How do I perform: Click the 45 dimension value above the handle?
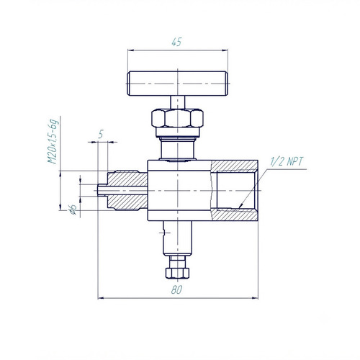point(176,42)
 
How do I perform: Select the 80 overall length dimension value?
point(176,290)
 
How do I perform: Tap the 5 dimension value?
point(101,134)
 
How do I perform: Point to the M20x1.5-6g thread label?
point(53,141)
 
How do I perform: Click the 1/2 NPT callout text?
point(287,161)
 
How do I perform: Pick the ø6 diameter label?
point(73,210)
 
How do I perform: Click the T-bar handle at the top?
point(177,84)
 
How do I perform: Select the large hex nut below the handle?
point(177,118)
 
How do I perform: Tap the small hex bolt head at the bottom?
point(177,273)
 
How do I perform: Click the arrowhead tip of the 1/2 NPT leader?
point(239,207)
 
